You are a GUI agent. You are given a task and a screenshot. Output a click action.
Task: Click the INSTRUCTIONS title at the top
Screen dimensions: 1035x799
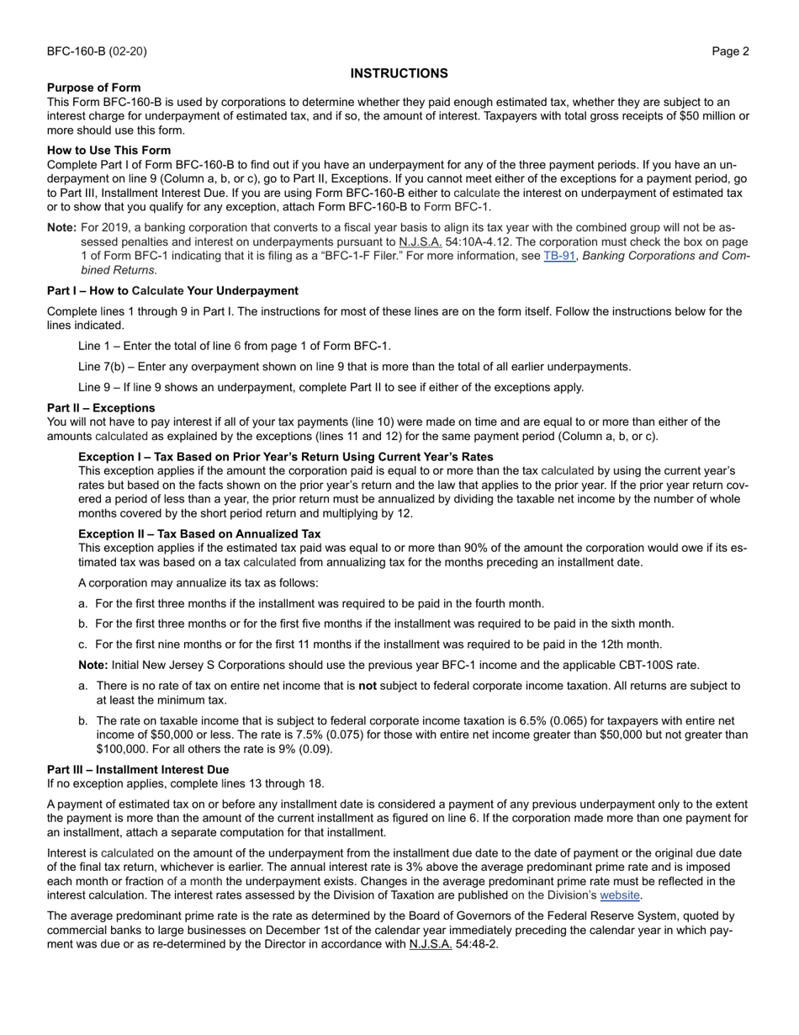[x=399, y=73]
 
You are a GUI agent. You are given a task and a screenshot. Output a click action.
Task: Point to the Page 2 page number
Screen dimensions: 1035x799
[x=730, y=51]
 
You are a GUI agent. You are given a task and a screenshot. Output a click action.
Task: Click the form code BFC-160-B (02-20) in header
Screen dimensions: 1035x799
[x=97, y=51]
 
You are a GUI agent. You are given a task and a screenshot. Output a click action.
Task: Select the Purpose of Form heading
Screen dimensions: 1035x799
[x=94, y=88]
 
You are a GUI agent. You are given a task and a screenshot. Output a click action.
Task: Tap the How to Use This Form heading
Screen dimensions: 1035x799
[x=108, y=151]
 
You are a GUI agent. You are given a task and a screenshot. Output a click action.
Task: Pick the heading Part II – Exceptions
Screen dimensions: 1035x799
[x=101, y=407]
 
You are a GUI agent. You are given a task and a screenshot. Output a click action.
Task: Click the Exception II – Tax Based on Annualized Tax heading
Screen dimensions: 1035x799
[x=199, y=533]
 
